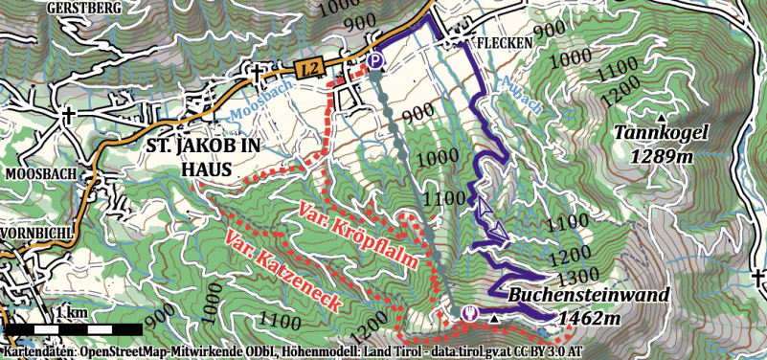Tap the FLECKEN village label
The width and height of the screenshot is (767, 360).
point(507,43)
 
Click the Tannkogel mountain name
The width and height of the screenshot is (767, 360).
point(661,133)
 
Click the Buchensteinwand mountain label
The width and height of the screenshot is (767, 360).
point(588,296)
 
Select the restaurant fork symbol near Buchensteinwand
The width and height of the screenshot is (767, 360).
point(469,313)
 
